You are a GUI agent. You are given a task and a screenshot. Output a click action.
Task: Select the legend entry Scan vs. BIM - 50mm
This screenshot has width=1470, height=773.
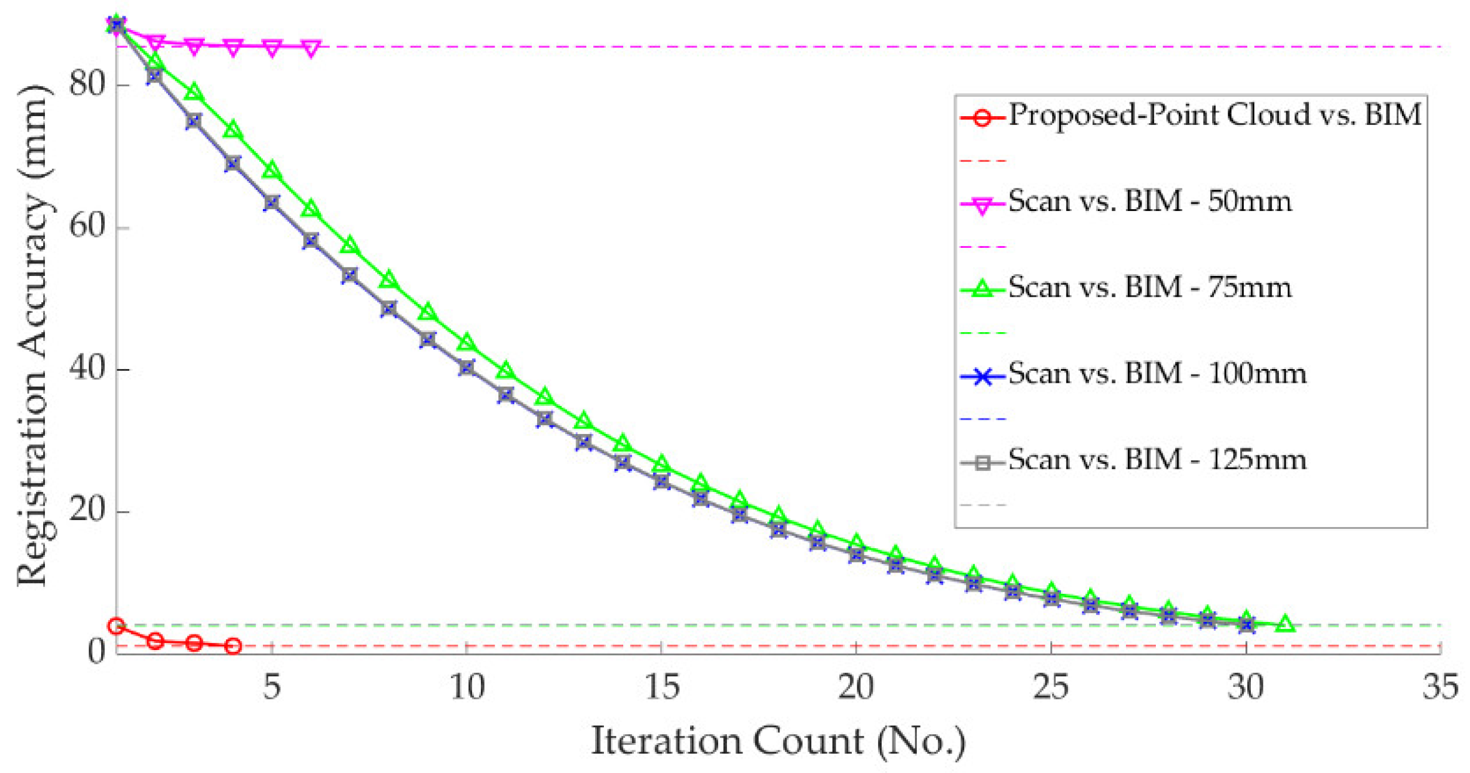[1149, 202]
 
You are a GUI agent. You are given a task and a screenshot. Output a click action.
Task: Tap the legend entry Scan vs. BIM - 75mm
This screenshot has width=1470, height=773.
[1149, 288]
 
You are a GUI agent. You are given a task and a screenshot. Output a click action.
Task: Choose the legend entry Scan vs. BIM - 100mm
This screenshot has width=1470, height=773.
[1157, 374]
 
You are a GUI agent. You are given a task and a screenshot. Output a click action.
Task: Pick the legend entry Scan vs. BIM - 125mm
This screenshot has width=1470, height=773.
[1157, 460]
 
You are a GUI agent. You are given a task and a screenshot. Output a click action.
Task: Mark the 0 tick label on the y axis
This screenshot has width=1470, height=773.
[96, 652]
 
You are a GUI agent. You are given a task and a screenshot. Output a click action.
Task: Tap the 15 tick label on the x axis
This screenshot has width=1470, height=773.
[661, 687]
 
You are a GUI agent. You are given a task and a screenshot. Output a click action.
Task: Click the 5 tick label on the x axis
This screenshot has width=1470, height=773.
[272, 687]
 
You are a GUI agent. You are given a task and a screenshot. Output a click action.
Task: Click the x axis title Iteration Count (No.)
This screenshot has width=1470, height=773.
[778, 742]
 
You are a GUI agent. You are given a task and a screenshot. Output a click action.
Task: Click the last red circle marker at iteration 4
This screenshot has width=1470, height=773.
[233, 646]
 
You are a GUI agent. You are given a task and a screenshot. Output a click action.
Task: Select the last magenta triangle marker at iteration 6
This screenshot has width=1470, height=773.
[311, 48]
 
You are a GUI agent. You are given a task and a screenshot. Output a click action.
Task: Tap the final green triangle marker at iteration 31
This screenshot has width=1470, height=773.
[1285, 623]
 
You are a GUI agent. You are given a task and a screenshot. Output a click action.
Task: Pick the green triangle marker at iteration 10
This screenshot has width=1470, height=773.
[466, 343]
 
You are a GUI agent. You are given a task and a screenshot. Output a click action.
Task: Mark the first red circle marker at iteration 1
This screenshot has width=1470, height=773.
[116, 626]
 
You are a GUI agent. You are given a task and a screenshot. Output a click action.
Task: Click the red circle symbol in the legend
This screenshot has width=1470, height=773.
[982, 118]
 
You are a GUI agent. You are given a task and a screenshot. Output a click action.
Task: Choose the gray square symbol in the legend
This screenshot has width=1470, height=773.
[982, 463]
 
